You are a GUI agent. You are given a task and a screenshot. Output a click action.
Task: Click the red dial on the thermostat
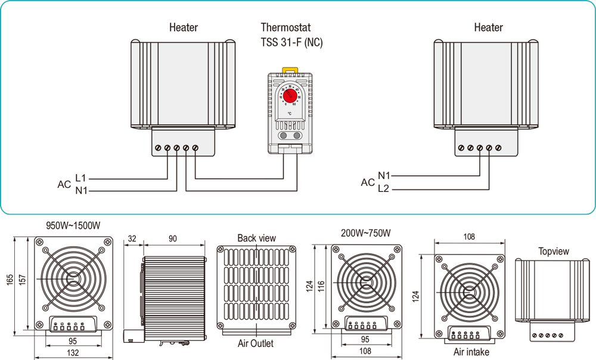click(290, 95)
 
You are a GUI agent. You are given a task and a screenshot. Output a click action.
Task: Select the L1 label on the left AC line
click(81, 178)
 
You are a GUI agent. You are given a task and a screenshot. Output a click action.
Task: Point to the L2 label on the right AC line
click(384, 189)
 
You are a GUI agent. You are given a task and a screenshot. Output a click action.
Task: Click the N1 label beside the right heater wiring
click(384, 176)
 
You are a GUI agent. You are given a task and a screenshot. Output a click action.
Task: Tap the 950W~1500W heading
click(73, 226)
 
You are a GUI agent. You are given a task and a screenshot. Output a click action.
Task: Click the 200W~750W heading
click(366, 232)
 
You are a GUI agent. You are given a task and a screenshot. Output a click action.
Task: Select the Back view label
click(256, 238)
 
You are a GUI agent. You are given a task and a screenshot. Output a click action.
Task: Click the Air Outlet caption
click(255, 343)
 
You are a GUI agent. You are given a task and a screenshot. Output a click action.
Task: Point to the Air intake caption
click(471, 352)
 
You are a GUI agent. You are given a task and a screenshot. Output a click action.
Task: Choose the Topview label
click(553, 252)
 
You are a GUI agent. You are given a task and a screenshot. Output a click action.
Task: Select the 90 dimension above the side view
click(173, 239)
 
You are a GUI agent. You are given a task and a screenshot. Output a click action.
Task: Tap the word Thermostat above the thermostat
click(285, 27)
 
